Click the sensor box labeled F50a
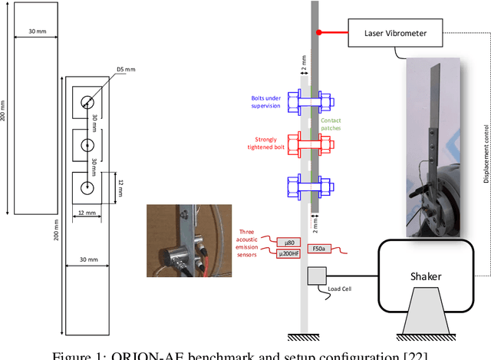point(319,249)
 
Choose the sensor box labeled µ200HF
point(290,254)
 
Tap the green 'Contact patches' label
point(332,124)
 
